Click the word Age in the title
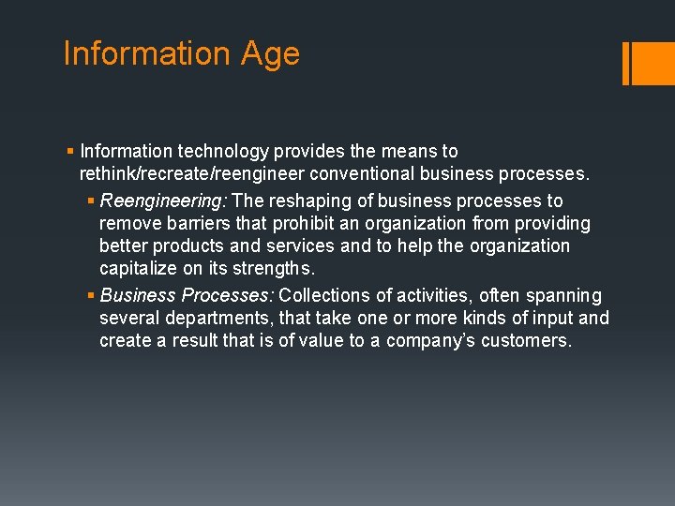click(269, 54)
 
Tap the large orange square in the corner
click(654, 63)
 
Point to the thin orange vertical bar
click(626, 63)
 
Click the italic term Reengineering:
click(164, 201)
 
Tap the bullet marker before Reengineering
click(91, 201)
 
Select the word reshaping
click(312, 201)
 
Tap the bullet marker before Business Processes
click(91, 296)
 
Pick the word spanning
click(563, 295)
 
